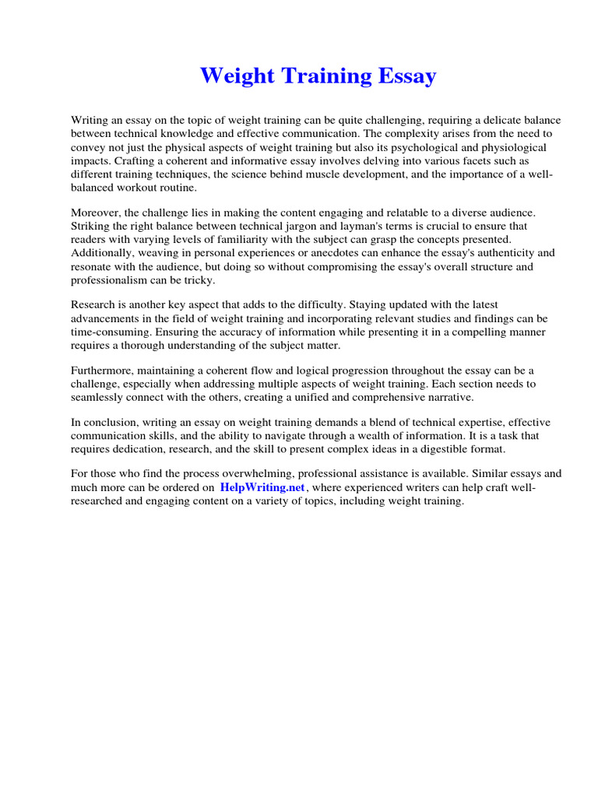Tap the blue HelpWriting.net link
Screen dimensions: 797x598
[x=262, y=487]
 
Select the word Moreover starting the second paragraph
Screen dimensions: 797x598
[x=97, y=212]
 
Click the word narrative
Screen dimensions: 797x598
[x=448, y=398]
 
